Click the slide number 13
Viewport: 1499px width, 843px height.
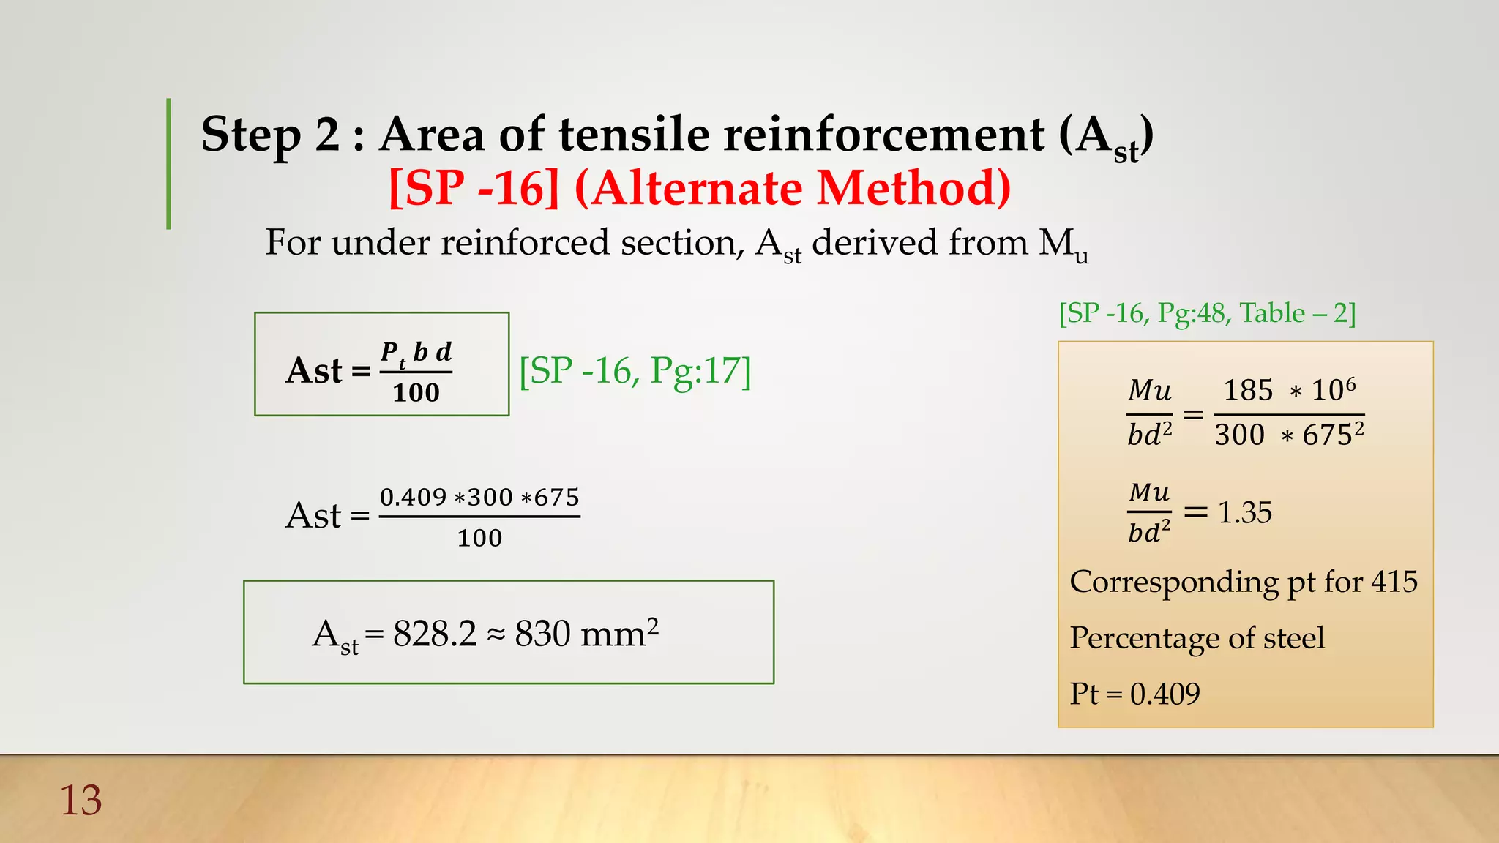click(81, 801)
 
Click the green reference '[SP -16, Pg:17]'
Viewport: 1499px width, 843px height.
click(635, 371)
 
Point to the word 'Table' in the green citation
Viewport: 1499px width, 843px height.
click(1272, 313)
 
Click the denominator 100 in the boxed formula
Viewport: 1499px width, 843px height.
click(416, 393)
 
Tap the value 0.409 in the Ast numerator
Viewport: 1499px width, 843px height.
click(413, 498)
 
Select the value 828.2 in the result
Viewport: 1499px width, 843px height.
click(435, 634)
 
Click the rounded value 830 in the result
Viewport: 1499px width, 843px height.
click(542, 634)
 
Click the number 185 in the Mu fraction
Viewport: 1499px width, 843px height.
click(1248, 390)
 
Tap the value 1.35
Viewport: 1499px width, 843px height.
click(1244, 512)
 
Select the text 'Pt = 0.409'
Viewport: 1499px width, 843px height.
click(1134, 694)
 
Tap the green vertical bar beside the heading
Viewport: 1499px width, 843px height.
click(169, 164)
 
